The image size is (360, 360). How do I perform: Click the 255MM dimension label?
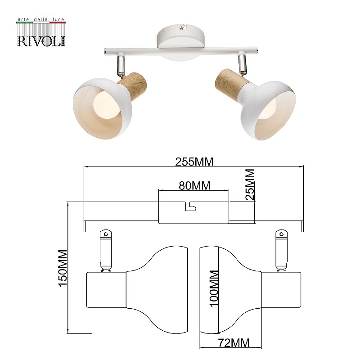tap(194, 162)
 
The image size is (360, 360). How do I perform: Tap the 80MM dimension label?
tap(195, 186)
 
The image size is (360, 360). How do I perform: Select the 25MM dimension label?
tap(250, 184)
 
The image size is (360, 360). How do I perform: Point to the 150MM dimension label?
tap(63, 268)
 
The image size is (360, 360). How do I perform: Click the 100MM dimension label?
tap(214, 288)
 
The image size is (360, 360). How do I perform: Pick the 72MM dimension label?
tap(234, 343)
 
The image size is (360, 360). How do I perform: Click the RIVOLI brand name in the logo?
tap(41, 41)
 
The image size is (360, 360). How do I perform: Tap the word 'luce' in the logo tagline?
tap(58, 19)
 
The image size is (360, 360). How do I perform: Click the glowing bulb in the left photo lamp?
tap(108, 104)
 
